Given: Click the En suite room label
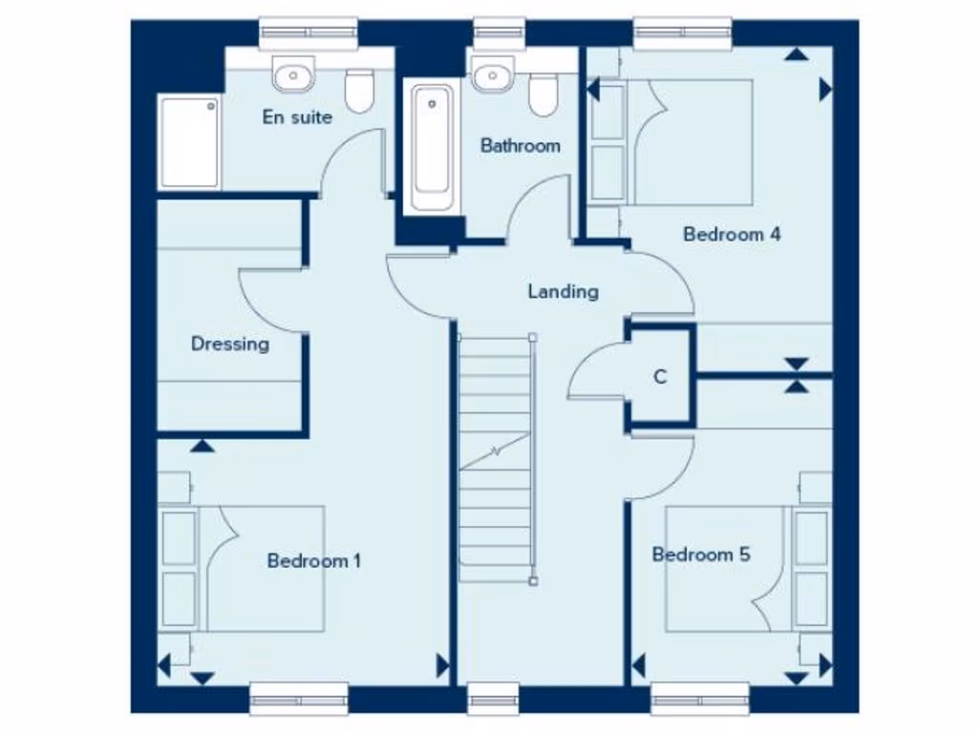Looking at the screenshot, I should (x=297, y=117).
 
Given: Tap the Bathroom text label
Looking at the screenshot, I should (x=520, y=146).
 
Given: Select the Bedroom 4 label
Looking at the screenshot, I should (x=732, y=234).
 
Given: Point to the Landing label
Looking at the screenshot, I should (x=563, y=291).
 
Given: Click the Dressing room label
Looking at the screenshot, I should (x=229, y=344).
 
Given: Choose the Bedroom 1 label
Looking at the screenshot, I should (x=313, y=560).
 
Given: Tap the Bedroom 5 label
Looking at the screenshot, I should (x=700, y=554).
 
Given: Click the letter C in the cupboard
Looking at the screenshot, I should (x=659, y=377).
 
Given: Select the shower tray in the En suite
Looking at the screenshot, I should (x=188, y=142).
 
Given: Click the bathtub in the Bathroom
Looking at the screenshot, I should (x=432, y=148).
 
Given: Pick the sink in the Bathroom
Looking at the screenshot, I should (x=491, y=73).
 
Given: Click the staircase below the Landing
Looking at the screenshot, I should (x=495, y=458).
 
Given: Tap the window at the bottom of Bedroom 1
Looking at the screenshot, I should (x=298, y=699).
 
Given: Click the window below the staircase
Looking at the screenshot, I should (x=494, y=699).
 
